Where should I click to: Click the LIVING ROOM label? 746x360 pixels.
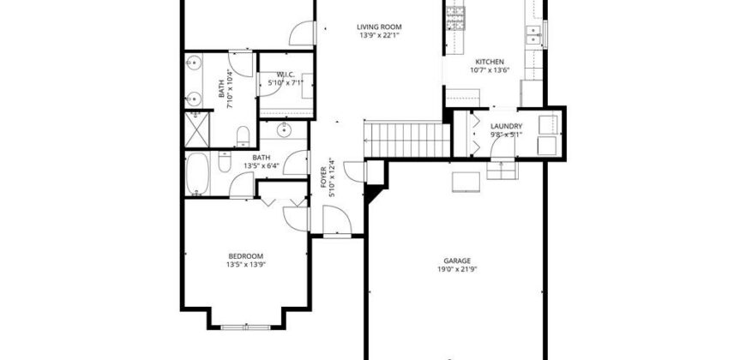(379, 27)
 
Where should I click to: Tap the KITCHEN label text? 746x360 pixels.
(490, 62)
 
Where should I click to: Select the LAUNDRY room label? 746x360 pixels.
(506, 126)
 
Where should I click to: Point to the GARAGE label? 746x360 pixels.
(456, 261)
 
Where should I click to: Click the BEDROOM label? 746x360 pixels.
(245, 255)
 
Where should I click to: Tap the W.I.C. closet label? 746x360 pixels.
(280, 75)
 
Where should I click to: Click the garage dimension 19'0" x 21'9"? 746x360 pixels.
(456, 269)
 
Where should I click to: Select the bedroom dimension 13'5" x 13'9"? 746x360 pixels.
(245, 264)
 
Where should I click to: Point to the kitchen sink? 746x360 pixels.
(532, 33)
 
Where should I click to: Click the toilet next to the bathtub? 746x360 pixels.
(224, 162)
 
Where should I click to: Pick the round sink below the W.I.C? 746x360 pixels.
(283, 131)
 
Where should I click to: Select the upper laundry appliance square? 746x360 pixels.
(545, 124)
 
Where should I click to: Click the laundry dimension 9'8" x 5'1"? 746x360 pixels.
(506, 135)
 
